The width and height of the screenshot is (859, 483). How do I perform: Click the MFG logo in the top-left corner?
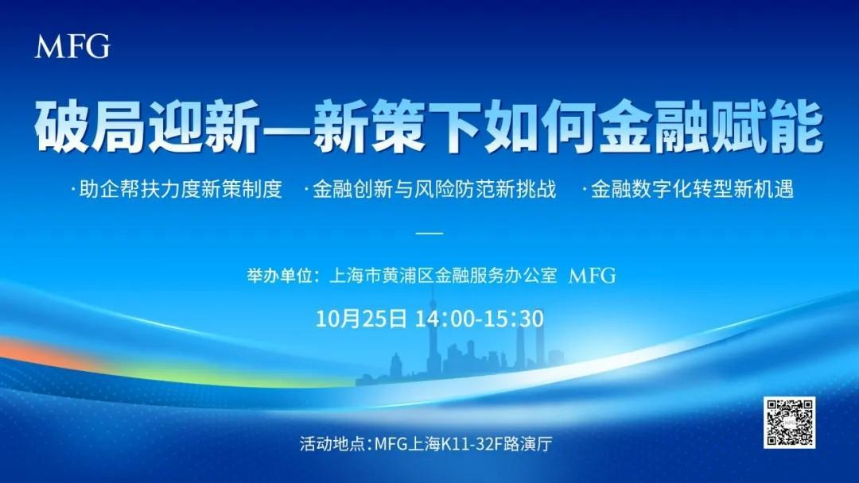[72, 46]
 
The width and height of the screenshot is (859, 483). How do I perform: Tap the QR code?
[790, 423]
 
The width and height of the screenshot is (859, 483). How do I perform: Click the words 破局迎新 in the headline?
[148, 126]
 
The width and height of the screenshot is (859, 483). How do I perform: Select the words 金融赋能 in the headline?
[710, 126]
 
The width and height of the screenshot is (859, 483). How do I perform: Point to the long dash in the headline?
[287, 127]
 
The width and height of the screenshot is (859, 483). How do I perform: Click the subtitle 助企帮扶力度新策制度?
[181, 189]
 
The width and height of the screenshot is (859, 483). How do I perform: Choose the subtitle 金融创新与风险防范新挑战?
[434, 189]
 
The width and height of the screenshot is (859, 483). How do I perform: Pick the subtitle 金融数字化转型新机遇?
[693, 189]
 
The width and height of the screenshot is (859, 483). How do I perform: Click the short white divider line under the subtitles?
[429, 233]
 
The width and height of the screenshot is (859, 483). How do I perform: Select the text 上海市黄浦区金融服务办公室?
[443, 275]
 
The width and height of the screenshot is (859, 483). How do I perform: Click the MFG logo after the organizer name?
[593, 275]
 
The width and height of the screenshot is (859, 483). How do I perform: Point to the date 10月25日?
[361, 319]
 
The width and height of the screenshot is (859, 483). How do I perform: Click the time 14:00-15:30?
[480, 319]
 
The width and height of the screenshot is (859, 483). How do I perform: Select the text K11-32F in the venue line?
[472, 443]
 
